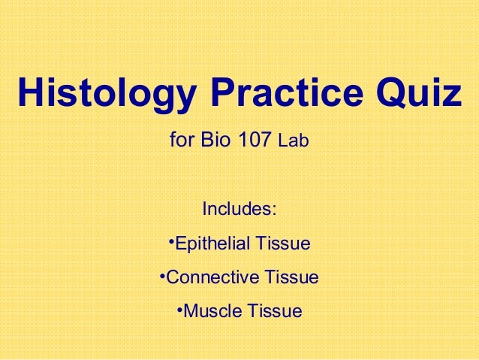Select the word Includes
(236, 207)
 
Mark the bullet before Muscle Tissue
(179, 307)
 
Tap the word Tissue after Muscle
(273, 310)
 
